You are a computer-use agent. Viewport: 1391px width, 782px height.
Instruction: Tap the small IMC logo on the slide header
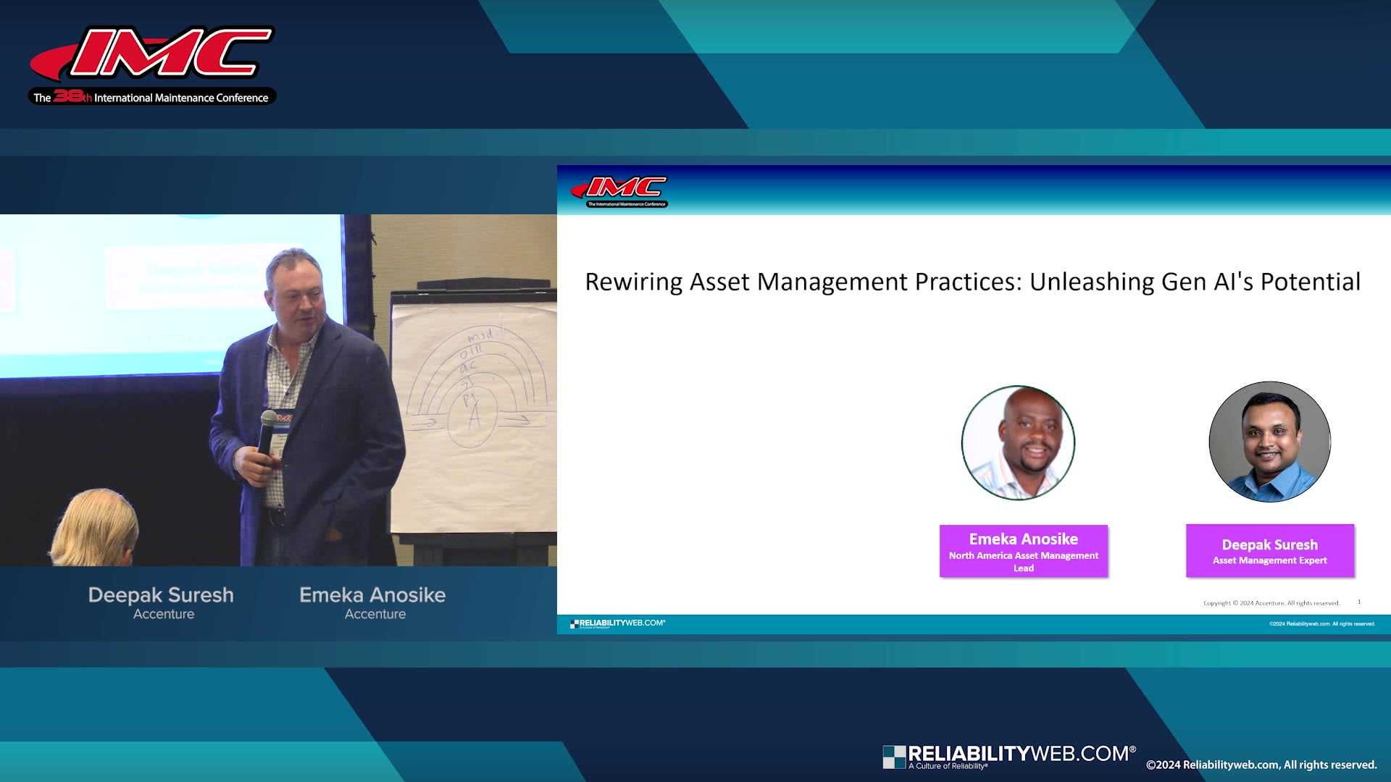[x=620, y=190]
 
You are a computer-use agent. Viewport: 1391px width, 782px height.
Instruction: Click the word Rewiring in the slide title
[x=633, y=282]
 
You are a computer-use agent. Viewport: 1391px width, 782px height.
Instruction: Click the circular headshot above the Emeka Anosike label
[x=1018, y=442]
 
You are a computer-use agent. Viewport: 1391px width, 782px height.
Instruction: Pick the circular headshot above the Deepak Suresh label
[x=1269, y=442]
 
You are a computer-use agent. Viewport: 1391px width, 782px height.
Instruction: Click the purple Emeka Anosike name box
[x=1023, y=551]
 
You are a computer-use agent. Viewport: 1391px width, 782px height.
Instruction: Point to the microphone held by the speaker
[x=268, y=431]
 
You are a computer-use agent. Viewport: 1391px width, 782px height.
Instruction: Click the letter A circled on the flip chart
[x=475, y=418]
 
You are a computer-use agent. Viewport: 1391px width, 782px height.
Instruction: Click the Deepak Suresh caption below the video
[x=161, y=595]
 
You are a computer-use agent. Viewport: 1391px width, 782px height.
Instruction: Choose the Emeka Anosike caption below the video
[x=372, y=595]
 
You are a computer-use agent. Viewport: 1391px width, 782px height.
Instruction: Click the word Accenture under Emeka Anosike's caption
[x=375, y=614]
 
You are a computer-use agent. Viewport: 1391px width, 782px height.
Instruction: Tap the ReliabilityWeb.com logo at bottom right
[x=1008, y=756]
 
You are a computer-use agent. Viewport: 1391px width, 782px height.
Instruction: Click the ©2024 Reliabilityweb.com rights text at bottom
[x=1261, y=765]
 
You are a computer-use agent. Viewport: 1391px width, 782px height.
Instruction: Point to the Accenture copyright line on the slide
[x=1271, y=602]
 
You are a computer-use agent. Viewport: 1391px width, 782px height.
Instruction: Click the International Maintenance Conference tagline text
[x=180, y=98]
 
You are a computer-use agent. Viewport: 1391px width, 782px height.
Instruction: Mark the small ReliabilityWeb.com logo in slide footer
[x=617, y=623]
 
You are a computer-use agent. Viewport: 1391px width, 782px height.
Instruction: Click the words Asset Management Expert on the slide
[x=1269, y=560]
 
